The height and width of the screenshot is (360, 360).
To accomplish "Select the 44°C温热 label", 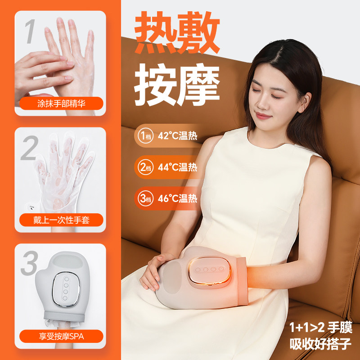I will click(177, 167).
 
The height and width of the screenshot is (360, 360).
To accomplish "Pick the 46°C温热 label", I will click(177, 198).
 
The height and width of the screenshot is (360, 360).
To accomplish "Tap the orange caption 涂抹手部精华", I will click(61, 104).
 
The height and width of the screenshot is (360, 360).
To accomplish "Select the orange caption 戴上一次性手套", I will click(61, 220).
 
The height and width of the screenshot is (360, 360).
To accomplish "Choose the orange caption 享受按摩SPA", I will click(61, 335).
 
